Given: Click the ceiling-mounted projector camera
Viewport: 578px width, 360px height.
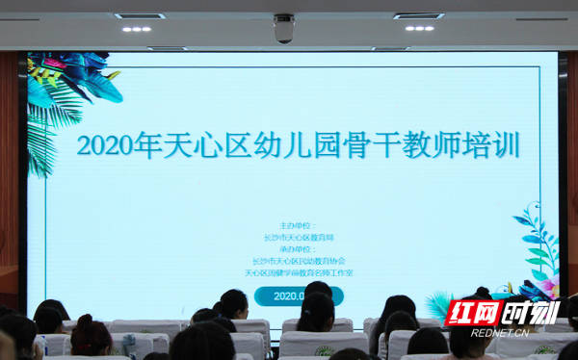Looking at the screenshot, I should tap(283, 29).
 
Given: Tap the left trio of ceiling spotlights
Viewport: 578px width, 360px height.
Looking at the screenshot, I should tap(136, 29).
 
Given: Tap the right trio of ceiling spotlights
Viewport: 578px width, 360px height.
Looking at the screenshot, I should tap(419, 28).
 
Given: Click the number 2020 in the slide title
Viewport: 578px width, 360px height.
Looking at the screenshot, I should tap(108, 146).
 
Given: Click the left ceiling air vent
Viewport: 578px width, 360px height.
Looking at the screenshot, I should tap(139, 15).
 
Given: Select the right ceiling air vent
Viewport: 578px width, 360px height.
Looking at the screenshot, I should tap(418, 15).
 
